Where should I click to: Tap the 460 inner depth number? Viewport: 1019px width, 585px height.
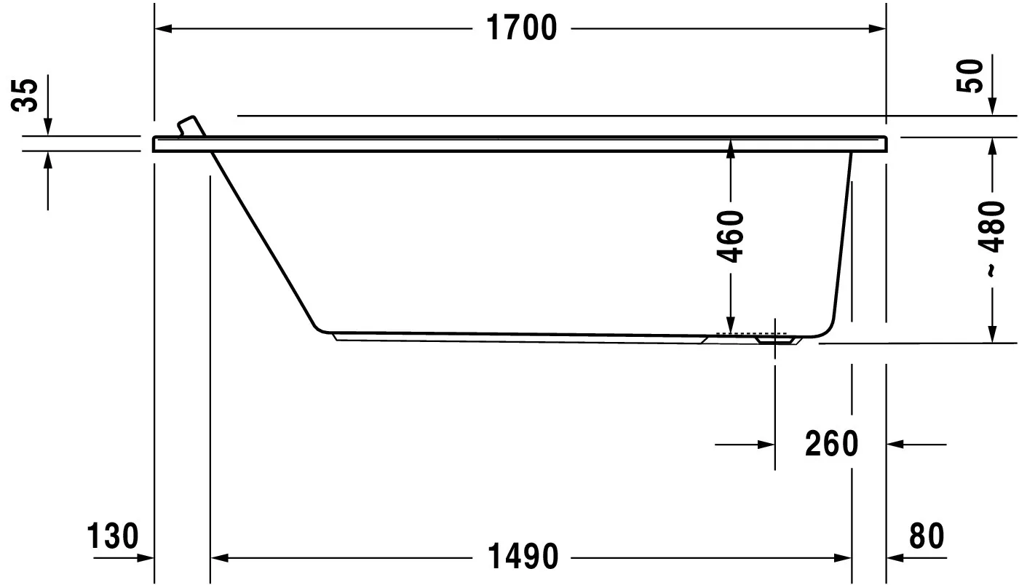point(731,236)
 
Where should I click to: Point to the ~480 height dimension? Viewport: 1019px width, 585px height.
point(993,237)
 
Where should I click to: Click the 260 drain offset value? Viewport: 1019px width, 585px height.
point(831,444)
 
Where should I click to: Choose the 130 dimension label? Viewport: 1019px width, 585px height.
point(112,537)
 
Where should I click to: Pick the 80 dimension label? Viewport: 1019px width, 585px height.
point(926,537)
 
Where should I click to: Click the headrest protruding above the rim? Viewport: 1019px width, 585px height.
point(190,125)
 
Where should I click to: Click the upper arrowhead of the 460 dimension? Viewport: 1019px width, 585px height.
point(731,146)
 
